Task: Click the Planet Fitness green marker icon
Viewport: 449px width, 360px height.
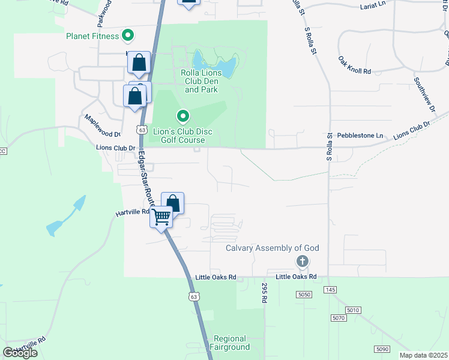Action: pyautogui.click(x=127, y=36)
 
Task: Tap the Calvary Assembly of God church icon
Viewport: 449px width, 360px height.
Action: pyautogui.click(x=303, y=261)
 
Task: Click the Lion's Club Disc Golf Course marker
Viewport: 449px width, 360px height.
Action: pyautogui.click(x=183, y=115)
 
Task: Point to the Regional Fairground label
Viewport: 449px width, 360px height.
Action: pyautogui.click(x=231, y=343)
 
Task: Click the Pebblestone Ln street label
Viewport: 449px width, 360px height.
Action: pyautogui.click(x=360, y=136)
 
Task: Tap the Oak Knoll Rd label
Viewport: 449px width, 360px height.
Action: pyautogui.click(x=355, y=65)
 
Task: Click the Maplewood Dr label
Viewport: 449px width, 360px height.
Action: pyautogui.click(x=103, y=125)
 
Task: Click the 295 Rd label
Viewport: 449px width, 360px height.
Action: pyautogui.click(x=263, y=292)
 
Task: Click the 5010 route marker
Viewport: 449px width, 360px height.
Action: pyautogui.click(x=354, y=310)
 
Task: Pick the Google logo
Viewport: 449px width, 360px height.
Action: pyautogui.click(x=20, y=352)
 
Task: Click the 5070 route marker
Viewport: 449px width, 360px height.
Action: pyautogui.click(x=339, y=318)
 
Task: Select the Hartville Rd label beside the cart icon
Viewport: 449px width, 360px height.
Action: pyautogui.click(x=132, y=212)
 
